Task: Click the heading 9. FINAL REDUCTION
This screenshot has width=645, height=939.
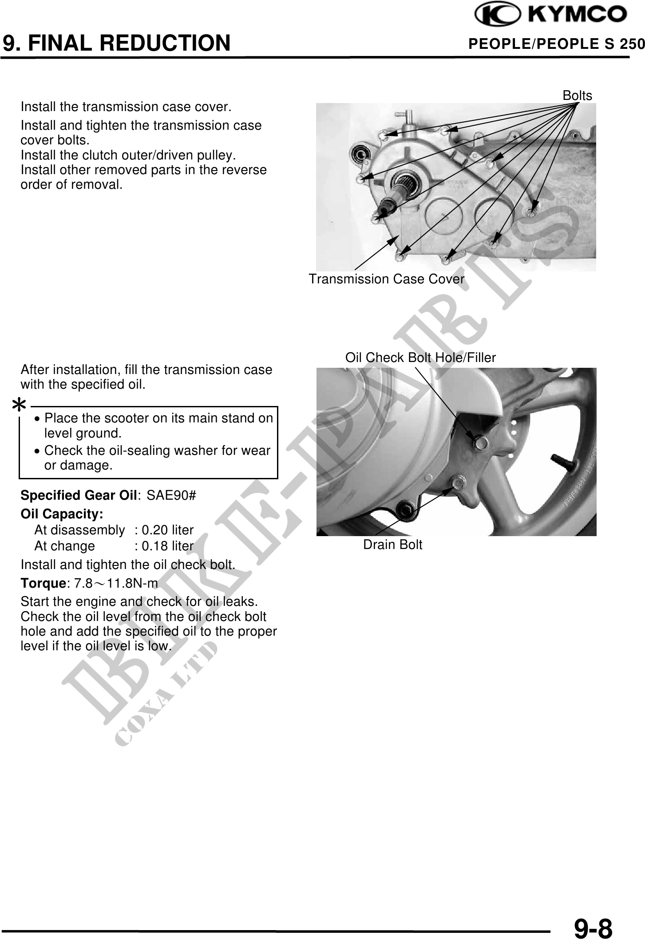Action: [x=117, y=43]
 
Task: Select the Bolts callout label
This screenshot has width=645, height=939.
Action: [x=577, y=95]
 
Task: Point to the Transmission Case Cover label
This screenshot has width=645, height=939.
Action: [x=386, y=279]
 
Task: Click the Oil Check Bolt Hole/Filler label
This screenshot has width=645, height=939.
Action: [x=420, y=358]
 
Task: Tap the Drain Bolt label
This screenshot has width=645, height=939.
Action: [x=392, y=545]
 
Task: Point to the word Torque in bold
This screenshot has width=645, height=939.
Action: [x=43, y=583]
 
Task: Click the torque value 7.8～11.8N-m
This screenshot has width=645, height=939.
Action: [x=116, y=583]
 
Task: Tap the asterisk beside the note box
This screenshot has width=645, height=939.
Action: [x=19, y=405]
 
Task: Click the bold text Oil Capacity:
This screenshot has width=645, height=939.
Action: [x=62, y=514]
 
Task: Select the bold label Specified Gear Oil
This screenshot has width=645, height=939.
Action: [x=79, y=495]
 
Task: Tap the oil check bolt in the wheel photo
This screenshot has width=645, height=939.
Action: [x=480, y=442]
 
